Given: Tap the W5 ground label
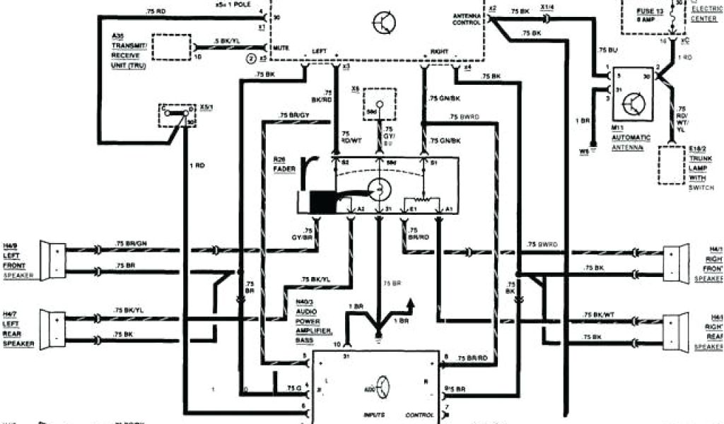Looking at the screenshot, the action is pyautogui.click(x=583, y=151).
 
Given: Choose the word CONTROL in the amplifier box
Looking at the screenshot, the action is pyautogui.click(x=420, y=414).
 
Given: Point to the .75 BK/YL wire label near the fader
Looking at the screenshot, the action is pyautogui.click(x=315, y=281).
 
